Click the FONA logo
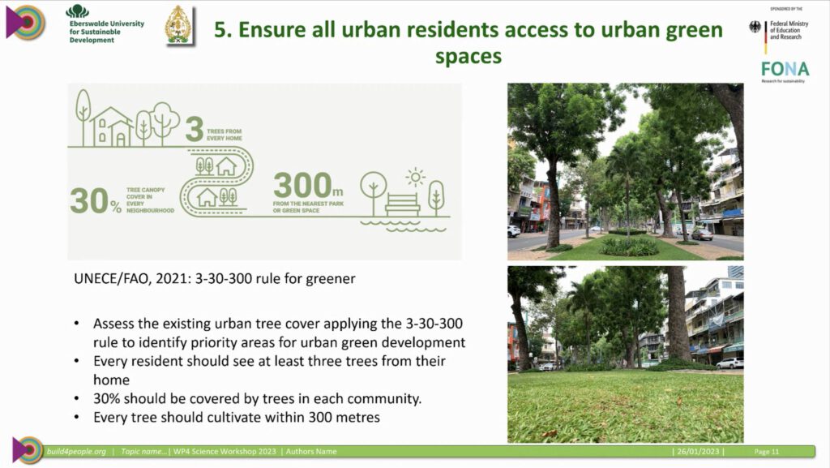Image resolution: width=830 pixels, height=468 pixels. [785, 70]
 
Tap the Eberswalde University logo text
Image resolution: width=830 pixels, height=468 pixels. [106, 32]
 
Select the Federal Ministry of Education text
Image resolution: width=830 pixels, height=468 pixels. [789, 30]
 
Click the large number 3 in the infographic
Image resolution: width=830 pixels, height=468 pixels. [195, 129]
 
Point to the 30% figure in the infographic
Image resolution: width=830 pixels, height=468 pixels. [96, 201]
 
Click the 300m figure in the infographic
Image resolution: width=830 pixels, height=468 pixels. [308, 185]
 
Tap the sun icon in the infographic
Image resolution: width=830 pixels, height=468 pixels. [416, 178]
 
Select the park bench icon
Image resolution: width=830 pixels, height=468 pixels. [402, 204]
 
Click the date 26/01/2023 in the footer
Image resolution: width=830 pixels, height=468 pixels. [698, 452]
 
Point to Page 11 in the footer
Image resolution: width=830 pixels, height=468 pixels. [767, 452]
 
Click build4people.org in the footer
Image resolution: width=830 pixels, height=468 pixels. [76, 452]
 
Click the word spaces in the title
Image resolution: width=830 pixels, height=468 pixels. [468, 57]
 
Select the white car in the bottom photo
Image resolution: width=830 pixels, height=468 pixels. [730, 363]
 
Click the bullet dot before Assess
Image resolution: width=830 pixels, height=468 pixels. [77, 324]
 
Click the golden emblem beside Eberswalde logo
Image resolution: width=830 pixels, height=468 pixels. [178, 25]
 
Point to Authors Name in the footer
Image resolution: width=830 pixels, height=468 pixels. [311, 452]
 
